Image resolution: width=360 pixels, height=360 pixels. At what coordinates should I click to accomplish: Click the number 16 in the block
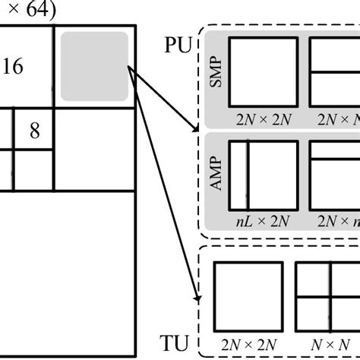[x=13, y=67]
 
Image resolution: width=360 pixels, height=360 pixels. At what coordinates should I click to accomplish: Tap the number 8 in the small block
[x=35, y=130]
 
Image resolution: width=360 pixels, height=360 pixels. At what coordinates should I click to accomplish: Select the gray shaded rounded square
[x=94, y=65]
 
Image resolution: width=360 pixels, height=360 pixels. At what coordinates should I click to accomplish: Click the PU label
[x=176, y=45]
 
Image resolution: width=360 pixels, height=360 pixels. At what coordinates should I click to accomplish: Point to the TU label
[x=176, y=343]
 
